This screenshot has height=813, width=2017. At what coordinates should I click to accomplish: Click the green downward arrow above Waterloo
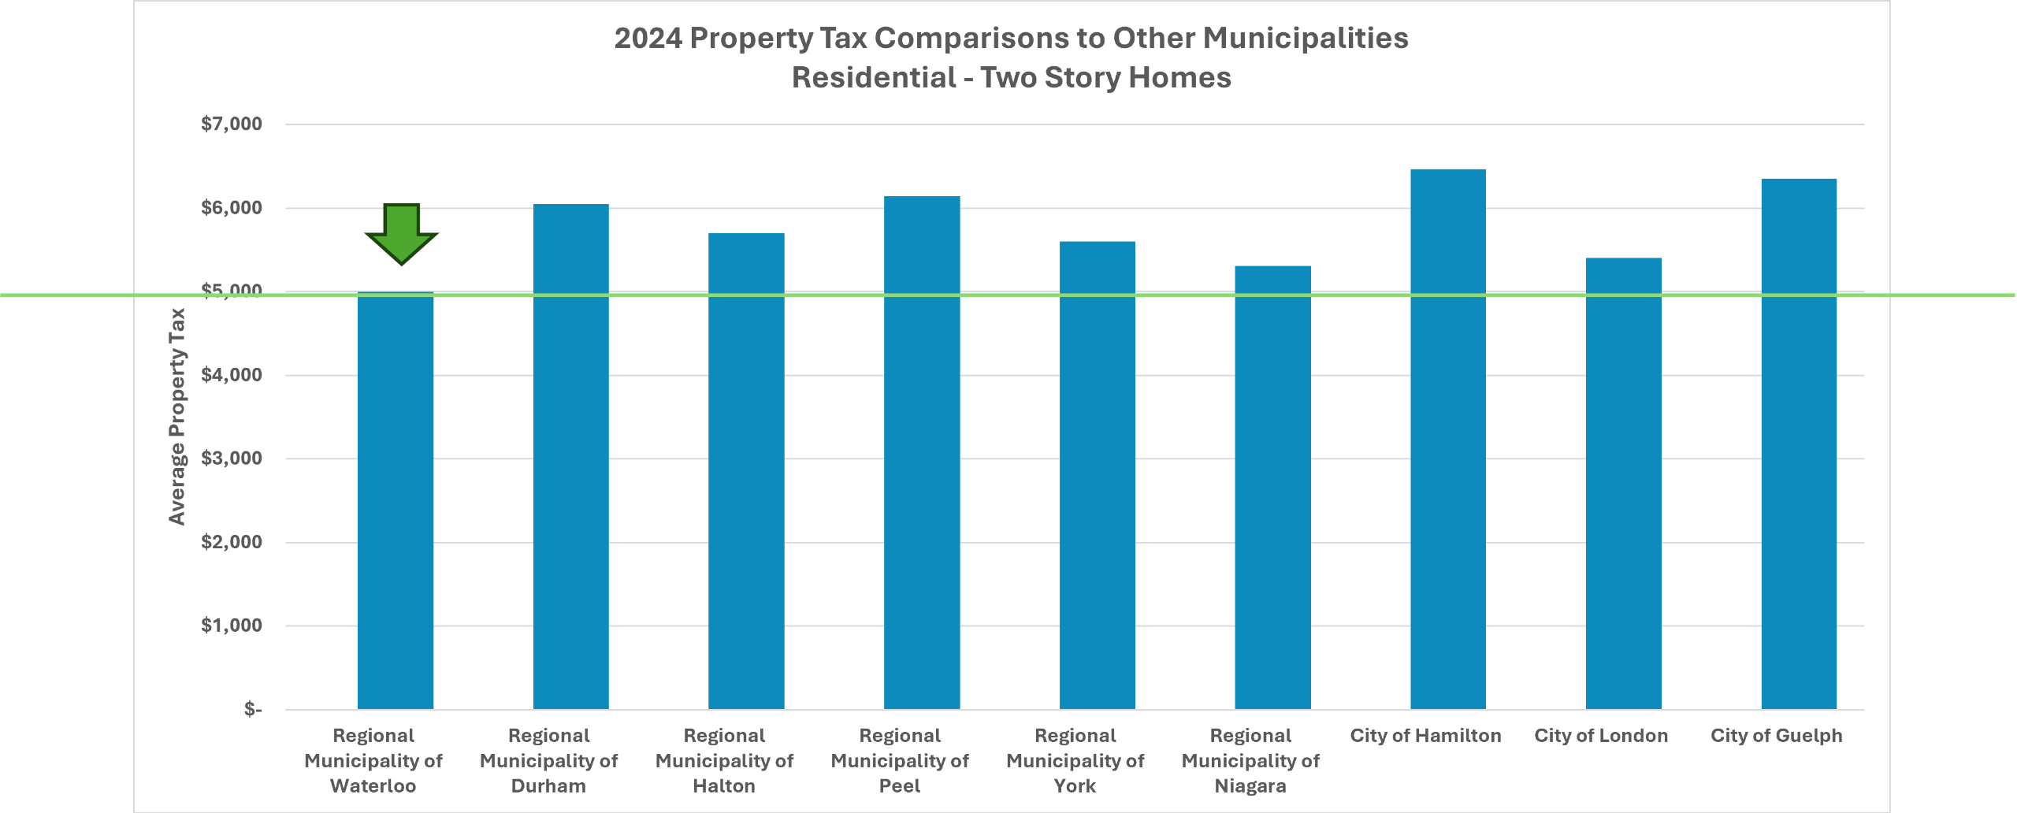coord(401,233)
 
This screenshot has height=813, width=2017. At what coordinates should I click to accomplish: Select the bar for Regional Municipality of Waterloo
coord(396,504)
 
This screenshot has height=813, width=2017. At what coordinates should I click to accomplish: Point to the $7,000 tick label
coord(232,124)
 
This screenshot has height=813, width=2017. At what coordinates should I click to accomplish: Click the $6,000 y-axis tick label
coord(232,208)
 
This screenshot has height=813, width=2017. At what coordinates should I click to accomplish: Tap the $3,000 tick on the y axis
coord(232,458)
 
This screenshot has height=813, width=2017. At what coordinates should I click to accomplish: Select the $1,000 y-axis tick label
coord(232,626)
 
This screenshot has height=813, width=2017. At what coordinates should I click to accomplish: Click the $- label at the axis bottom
coord(253,709)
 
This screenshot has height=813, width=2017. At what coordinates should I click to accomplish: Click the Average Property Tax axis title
coord(177,416)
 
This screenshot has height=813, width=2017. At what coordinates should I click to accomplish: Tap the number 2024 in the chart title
coord(648,39)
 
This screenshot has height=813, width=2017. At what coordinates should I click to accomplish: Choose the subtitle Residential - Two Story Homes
coord(1011,78)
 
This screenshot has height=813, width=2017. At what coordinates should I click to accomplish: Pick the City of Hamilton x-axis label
coord(1425,736)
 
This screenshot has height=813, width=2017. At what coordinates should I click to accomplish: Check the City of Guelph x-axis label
coord(1776,736)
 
